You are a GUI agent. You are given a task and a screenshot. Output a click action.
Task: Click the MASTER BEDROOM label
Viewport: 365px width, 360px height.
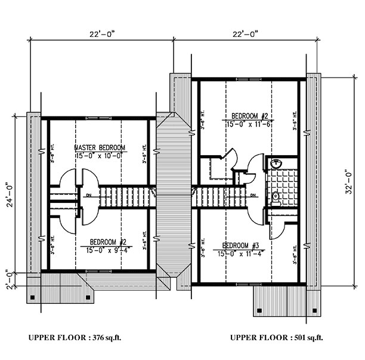click(x=100, y=147)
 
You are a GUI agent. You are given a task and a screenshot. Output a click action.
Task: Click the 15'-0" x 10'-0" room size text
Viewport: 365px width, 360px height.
click(x=99, y=155)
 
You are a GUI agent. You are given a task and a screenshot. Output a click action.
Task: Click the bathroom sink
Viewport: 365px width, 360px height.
click(x=276, y=164)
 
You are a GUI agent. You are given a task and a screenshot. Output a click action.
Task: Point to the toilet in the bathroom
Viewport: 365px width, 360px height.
click(x=276, y=196)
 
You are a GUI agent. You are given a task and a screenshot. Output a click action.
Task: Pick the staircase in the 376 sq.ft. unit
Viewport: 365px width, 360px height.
click(x=122, y=195)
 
